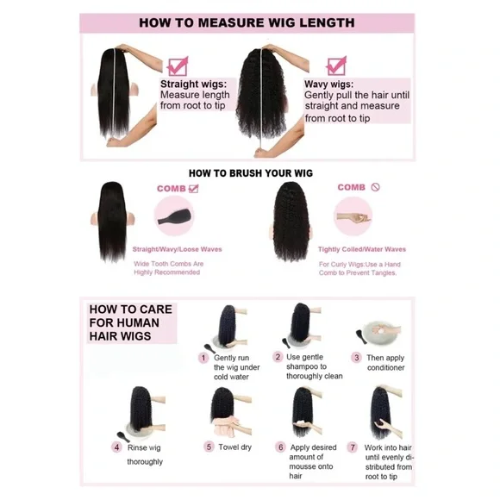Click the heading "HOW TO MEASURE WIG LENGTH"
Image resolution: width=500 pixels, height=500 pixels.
point(247,22)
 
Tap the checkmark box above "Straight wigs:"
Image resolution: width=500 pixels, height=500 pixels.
point(178,66)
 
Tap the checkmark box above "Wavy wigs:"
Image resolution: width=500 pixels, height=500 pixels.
point(336,66)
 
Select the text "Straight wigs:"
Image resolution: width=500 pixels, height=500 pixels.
point(194,84)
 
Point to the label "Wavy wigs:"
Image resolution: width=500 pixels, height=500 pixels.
point(328,84)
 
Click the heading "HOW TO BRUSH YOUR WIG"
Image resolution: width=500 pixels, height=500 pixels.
point(251,173)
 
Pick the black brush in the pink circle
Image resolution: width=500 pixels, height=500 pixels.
point(175,216)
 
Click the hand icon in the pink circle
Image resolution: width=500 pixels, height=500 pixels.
point(353,218)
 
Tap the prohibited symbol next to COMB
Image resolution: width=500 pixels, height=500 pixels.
point(375,187)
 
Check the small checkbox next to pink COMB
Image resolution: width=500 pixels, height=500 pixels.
point(194,189)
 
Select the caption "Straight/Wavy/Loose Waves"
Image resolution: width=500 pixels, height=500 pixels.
point(177,249)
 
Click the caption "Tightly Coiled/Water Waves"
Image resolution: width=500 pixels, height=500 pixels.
point(362,249)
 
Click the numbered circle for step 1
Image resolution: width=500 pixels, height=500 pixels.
point(203,358)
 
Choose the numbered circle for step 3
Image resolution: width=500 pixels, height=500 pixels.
point(357,358)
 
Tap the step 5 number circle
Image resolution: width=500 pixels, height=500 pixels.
point(209,447)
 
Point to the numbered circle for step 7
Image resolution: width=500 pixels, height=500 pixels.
point(353,447)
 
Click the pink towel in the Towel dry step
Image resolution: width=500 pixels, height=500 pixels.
point(227,428)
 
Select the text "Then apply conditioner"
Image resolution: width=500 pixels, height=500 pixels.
point(385,363)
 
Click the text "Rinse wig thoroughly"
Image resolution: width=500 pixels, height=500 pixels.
point(145,454)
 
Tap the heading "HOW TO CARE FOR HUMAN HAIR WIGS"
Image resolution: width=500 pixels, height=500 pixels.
point(131,322)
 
